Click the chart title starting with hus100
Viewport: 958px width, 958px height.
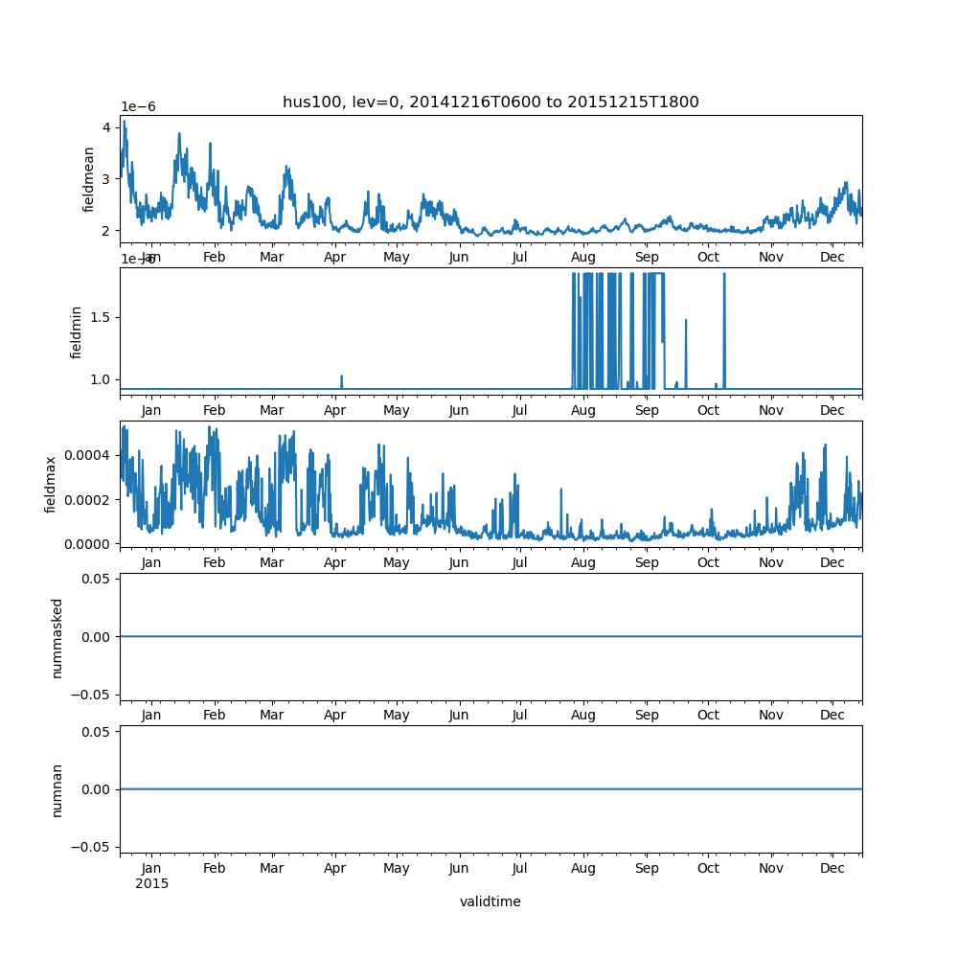490,103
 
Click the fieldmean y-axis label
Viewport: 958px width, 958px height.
89,179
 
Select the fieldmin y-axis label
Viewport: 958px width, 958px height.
77,331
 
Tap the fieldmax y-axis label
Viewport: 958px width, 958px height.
51,484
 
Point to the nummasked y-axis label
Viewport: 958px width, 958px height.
57,637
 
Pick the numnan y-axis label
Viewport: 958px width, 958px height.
57,789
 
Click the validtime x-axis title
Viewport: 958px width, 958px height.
490,901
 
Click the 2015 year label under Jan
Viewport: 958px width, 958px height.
151,883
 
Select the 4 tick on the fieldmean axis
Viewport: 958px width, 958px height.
107,127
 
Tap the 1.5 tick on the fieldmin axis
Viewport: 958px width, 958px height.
101,317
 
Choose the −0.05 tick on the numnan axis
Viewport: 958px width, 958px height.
92,847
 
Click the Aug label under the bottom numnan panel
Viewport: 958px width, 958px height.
583,868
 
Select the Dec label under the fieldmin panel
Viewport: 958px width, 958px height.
833,411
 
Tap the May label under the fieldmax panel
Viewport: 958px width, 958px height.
397,563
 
